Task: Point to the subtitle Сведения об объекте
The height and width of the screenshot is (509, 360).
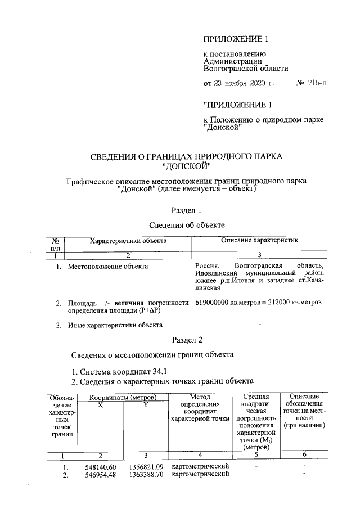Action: tap(187, 224)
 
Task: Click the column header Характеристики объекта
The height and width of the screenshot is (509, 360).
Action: tap(129, 240)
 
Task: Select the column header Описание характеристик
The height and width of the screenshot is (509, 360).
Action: tap(259, 240)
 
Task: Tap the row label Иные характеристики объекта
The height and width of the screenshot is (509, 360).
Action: tap(115, 325)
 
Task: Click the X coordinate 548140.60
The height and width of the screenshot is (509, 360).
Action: tap(100, 467)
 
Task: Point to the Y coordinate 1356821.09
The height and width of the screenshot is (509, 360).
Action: tap(146, 467)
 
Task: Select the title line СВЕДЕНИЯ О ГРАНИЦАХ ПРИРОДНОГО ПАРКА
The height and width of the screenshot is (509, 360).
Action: tap(186, 156)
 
